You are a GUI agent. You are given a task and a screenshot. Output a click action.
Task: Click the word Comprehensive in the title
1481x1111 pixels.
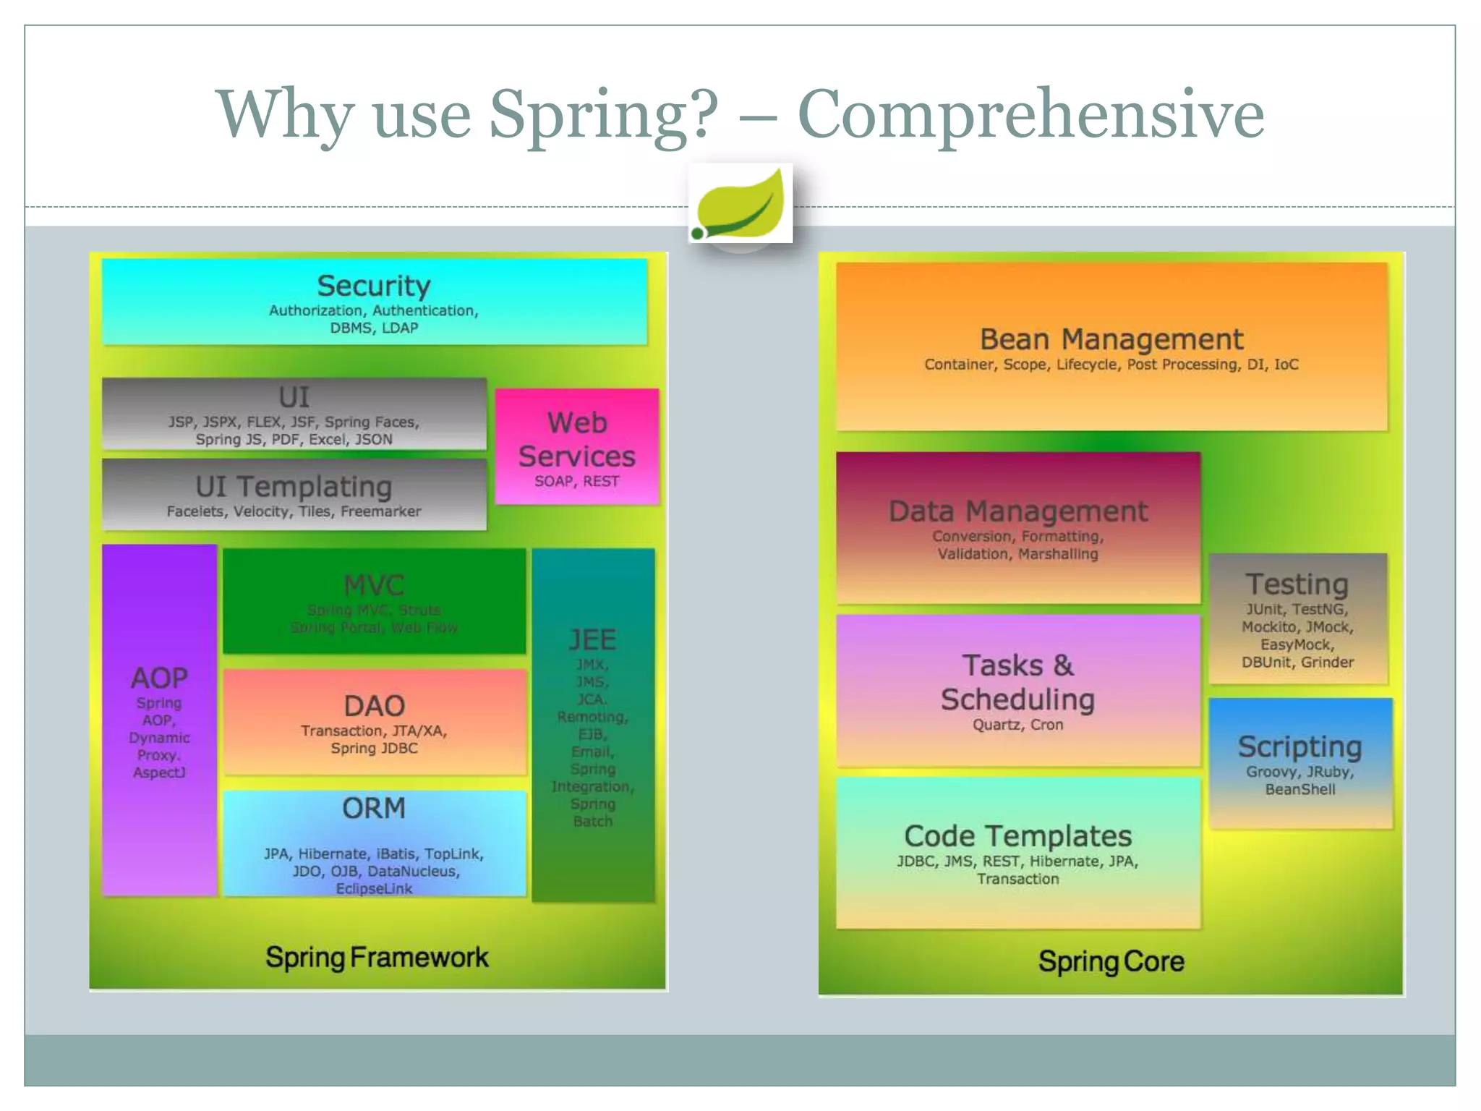(1030, 114)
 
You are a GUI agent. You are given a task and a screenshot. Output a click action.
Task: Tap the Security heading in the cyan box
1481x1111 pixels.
(374, 286)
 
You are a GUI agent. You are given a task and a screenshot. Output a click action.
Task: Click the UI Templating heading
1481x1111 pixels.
(294, 487)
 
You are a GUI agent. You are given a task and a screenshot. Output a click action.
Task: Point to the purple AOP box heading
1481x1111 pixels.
(159, 678)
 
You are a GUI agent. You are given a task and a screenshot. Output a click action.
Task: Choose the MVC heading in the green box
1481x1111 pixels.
(374, 585)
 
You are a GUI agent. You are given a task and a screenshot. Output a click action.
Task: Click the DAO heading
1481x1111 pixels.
(374, 706)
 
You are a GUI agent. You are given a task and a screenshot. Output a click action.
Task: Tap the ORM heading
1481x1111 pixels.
(374, 808)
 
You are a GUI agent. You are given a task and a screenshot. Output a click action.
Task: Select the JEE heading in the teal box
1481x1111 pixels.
(592, 639)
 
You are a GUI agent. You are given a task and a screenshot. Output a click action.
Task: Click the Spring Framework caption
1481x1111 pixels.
(377, 957)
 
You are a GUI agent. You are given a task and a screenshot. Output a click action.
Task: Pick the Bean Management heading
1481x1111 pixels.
(1111, 339)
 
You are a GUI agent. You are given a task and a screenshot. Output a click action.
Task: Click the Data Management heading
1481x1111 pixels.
(1017, 511)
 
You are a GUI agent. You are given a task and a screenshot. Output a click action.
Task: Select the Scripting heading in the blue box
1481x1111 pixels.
(1299, 746)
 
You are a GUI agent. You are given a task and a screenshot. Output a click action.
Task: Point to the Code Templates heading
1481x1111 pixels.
(1017, 836)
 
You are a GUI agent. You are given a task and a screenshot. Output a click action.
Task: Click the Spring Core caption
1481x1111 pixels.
(1111, 961)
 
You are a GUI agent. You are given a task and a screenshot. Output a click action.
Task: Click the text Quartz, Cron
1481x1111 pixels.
(1017, 725)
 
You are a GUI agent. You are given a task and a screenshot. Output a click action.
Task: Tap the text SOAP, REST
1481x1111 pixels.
(577, 482)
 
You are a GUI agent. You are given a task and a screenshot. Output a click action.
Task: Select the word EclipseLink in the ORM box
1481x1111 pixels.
(374, 888)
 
